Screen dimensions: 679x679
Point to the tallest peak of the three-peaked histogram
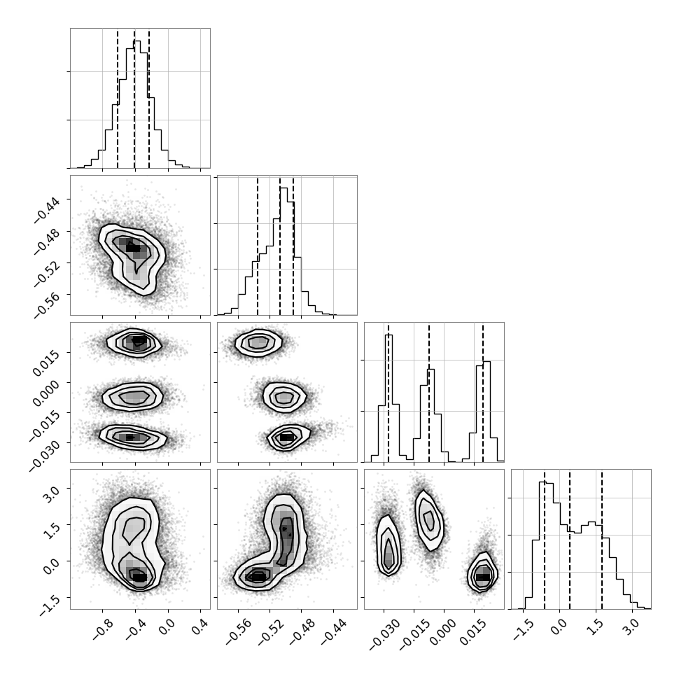click(x=388, y=335)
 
